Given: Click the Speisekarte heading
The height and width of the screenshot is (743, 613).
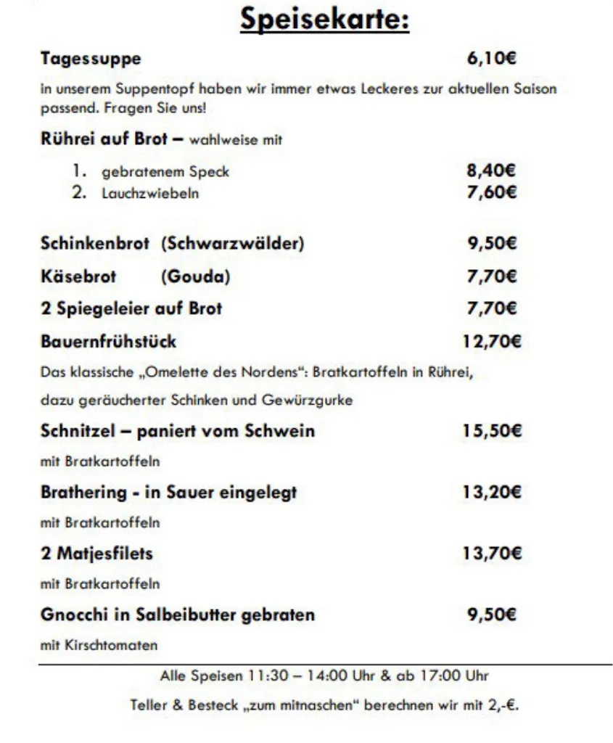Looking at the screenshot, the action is click(325, 20).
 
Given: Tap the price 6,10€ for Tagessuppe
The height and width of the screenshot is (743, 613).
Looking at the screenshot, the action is click(491, 59).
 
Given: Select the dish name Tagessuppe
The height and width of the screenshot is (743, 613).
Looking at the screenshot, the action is click(91, 59).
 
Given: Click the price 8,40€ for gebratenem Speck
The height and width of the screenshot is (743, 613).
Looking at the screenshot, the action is click(491, 172).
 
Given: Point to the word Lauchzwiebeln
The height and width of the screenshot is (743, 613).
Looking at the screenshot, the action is click(150, 194).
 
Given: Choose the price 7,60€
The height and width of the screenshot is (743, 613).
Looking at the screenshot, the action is click(491, 193).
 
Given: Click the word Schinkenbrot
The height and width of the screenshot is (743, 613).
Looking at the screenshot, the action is click(95, 244).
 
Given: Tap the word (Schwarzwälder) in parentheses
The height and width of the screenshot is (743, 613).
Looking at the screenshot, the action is click(233, 244).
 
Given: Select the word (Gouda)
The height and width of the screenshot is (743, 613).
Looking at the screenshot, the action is click(196, 276).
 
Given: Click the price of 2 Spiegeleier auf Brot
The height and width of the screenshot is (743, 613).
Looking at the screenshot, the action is click(491, 308).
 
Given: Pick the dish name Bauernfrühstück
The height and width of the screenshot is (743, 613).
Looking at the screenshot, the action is click(108, 341).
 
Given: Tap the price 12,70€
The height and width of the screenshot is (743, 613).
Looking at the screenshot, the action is click(491, 341).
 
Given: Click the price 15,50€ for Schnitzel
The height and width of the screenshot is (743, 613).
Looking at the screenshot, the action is click(491, 431).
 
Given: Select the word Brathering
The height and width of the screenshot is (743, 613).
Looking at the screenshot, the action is click(83, 493).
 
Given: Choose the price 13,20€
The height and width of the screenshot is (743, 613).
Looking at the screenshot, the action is click(491, 493).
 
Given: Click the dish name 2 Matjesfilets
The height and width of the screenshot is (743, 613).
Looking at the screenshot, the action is click(96, 554).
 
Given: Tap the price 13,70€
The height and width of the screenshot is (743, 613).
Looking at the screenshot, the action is click(491, 554).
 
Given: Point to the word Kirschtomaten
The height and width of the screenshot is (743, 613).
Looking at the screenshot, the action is click(110, 645).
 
